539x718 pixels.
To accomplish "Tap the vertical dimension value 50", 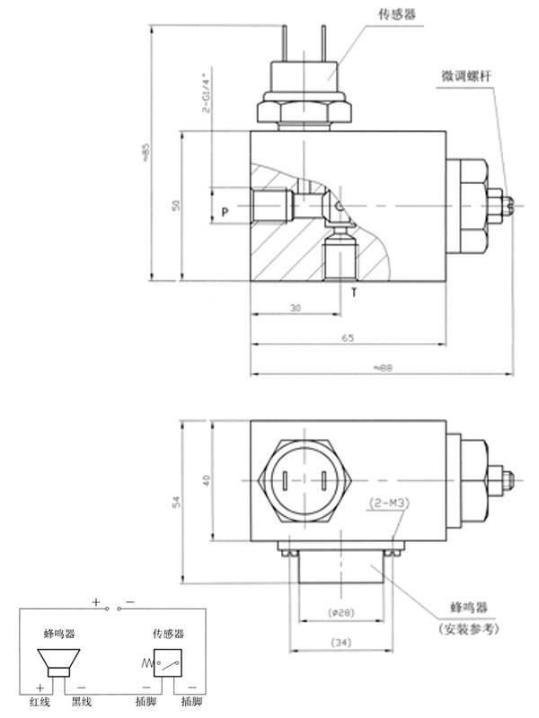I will coord(177,205).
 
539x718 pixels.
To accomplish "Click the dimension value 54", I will coord(177,498).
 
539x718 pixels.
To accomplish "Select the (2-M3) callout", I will coord(389,503).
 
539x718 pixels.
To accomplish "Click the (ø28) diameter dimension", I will coord(339,614).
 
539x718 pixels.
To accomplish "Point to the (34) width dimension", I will coord(339,643).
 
